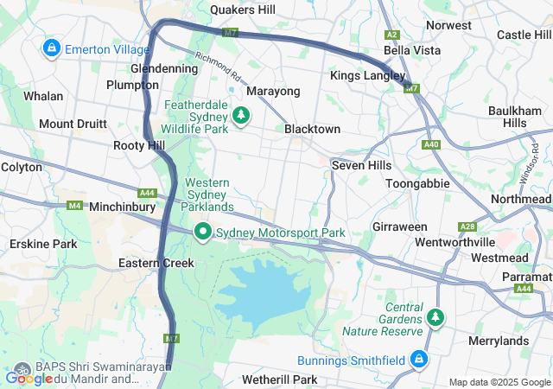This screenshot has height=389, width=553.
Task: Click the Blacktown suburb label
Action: [312, 129]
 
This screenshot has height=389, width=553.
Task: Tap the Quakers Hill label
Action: [243, 10]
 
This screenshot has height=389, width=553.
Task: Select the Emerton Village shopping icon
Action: [51, 48]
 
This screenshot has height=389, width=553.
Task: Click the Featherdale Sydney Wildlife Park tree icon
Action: [241, 114]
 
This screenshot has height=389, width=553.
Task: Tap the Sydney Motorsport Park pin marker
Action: [203, 232]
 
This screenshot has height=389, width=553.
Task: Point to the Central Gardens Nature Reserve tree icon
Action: [435, 318]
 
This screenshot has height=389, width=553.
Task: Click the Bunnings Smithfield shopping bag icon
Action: [418, 359]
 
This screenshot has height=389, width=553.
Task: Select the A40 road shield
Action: [432, 144]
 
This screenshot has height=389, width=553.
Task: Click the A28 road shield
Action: [467, 227]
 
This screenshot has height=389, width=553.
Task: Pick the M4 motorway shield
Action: [74, 206]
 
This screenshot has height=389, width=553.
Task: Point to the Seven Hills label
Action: [361, 165]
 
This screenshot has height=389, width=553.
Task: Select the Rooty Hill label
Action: [139, 146]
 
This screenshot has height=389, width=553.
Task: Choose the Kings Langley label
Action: [366, 76]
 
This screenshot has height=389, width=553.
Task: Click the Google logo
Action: [29, 378]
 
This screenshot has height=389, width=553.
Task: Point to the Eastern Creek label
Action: [149, 263]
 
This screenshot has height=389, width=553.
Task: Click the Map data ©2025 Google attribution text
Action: [499, 382]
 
